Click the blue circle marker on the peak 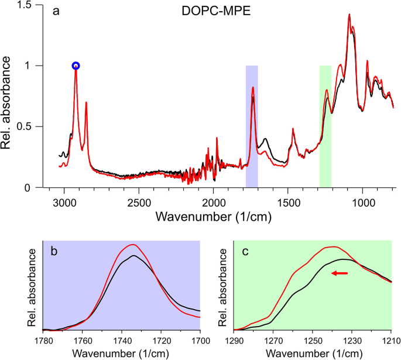point(76,66)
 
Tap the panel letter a point(57,12)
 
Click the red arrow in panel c point(340,273)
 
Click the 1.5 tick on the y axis point(26,5)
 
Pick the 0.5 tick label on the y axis point(26,127)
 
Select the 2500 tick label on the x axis point(138,200)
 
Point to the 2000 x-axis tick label point(213,200)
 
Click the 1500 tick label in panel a point(288,200)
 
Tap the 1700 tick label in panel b point(200,340)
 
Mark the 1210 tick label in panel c point(390,340)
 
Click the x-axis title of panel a point(213,216)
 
